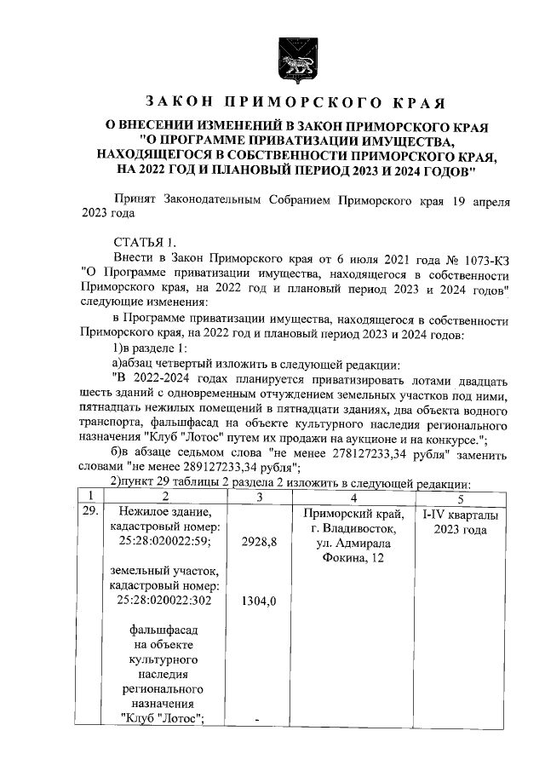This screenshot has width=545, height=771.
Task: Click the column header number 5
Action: [x=460, y=498]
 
